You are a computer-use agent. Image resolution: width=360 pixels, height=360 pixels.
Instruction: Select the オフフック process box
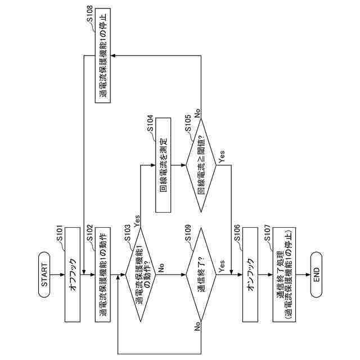point(73,274)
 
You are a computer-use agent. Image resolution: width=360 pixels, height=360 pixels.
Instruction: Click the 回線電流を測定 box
point(163,165)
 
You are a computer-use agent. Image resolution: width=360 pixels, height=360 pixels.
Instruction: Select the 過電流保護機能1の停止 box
point(103,56)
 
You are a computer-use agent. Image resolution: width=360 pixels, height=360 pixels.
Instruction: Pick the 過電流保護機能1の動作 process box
point(103,274)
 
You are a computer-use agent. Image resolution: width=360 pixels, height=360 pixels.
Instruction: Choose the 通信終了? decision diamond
point(201,274)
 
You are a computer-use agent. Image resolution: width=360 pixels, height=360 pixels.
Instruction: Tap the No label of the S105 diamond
point(197,112)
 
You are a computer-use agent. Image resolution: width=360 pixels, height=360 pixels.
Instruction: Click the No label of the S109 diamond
point(198,326)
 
